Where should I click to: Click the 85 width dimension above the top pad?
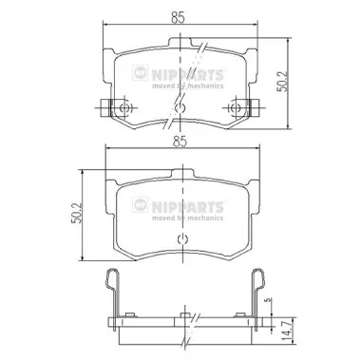(x=178, y=18)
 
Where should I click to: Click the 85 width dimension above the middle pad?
(x=179, y=142)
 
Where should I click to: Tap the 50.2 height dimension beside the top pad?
(x=282, y=82)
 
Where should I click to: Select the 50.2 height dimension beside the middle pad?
(x=77, y=213)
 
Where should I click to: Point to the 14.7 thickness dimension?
(x=286, y=331)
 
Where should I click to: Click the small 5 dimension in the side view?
(x=269, y=299)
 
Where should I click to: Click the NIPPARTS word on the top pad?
(x=187, y=75)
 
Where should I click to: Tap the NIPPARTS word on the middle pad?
(x=187, y=207)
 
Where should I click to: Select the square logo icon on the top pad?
(x=141, y=73)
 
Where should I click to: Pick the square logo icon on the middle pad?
(x=141, y=205)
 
